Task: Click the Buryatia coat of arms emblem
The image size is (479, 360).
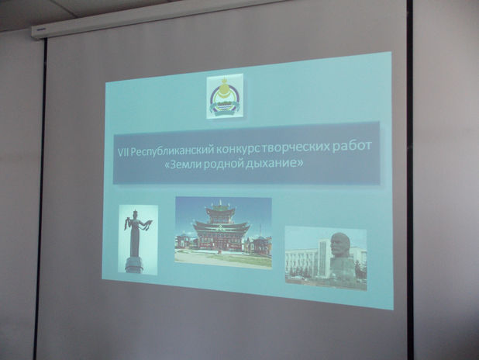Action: tap(225, 96)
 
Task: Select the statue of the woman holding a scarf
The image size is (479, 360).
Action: tap(136, 233)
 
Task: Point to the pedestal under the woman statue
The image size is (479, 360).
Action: tap(133, 265)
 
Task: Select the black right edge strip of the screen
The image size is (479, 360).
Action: tap(410, 180)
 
